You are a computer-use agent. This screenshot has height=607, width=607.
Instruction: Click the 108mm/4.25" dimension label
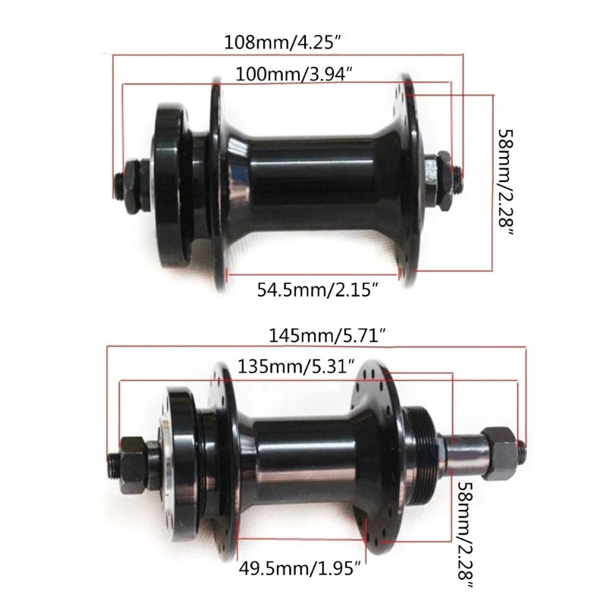284,42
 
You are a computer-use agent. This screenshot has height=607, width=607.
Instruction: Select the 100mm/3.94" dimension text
294,74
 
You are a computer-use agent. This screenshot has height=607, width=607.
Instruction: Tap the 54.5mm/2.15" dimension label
317,289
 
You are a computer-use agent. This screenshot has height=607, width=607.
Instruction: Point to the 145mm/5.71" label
328,335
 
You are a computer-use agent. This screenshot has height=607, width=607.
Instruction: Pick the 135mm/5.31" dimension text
296,366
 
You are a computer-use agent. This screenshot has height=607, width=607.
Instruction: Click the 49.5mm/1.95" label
300,568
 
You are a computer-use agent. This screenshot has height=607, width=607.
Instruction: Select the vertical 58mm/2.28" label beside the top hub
506,183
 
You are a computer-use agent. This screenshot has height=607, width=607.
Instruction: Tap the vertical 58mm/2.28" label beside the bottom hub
466,536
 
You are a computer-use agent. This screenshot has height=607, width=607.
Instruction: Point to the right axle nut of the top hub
443,175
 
